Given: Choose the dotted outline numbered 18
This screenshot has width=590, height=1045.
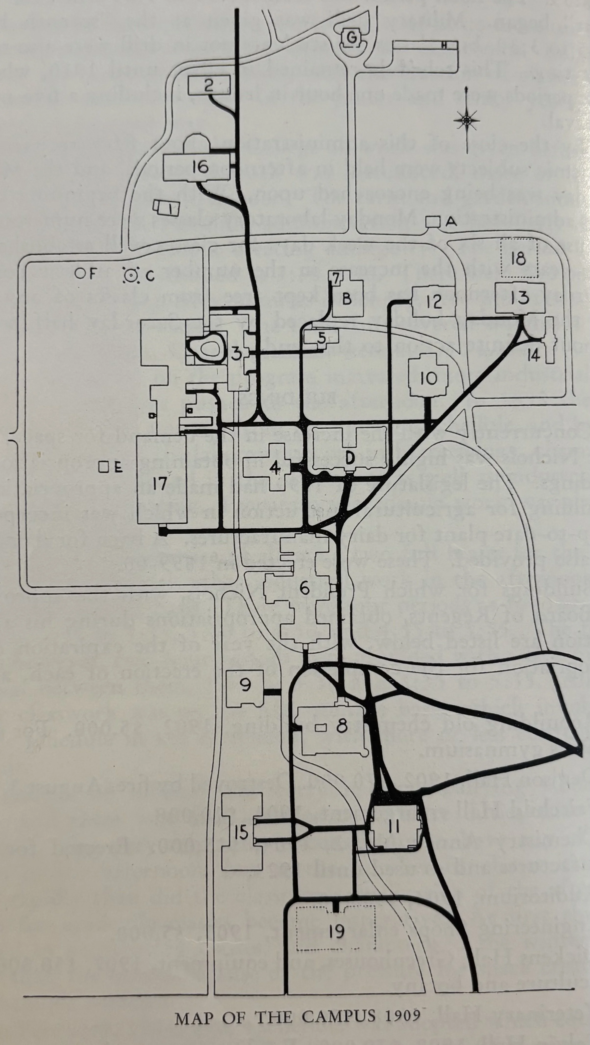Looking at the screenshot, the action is point(518,258).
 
